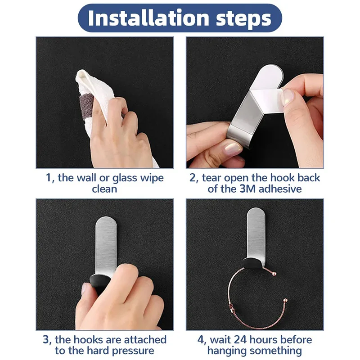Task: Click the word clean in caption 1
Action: [x=104, y=189]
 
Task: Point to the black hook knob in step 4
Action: [x=250, y=265]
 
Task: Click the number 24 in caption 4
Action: [x=242, y=339]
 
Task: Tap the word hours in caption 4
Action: [x=268, y=339]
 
